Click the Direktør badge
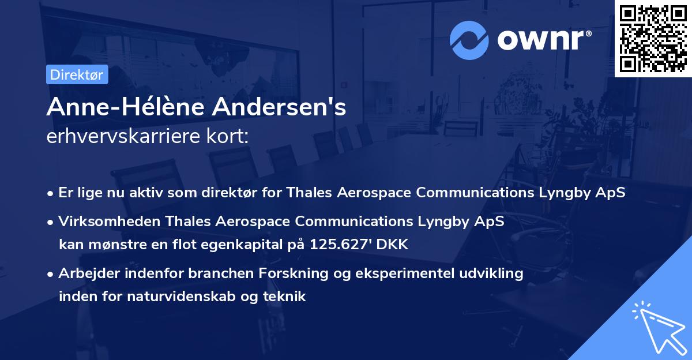point(77,74)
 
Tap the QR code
point(653,38)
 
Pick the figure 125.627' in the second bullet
point(340,244)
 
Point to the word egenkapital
point(233,244)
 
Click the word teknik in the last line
point(287,297)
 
